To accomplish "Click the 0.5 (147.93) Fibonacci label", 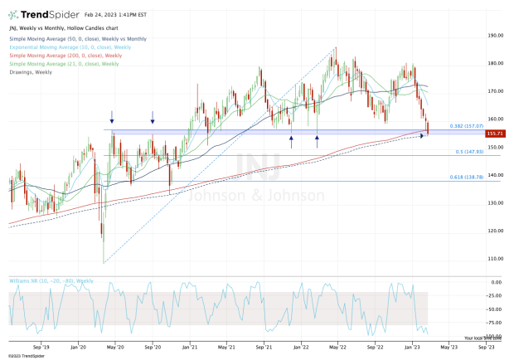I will (470, 152).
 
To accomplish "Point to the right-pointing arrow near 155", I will (420, 135).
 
